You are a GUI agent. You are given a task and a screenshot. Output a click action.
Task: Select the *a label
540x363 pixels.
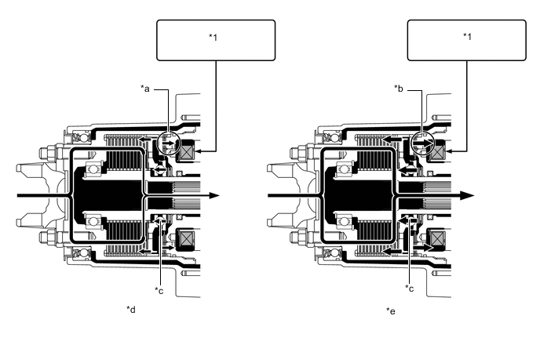click(145, 89)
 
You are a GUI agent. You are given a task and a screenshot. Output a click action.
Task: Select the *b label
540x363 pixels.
click(399, 89)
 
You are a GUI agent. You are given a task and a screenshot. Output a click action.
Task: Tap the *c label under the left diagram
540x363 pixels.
click(159, 291)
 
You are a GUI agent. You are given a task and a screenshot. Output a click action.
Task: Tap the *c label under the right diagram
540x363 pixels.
click(409, 289)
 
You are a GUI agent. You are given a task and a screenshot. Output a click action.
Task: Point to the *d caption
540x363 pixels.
click(131, 310)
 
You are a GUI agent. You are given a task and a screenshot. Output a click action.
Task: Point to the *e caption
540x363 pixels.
click(391, 311)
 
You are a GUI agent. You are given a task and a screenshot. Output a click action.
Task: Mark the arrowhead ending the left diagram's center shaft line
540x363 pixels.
click(214, 196)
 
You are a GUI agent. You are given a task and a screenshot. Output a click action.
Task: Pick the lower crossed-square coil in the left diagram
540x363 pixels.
click(185, 239)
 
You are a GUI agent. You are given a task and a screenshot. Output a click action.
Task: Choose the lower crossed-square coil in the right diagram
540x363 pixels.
click(436, 239)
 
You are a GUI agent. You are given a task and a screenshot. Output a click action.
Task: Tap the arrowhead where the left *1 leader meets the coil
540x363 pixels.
click(198, 151)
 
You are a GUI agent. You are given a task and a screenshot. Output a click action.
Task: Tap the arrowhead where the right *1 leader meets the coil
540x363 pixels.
click(448, 151)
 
